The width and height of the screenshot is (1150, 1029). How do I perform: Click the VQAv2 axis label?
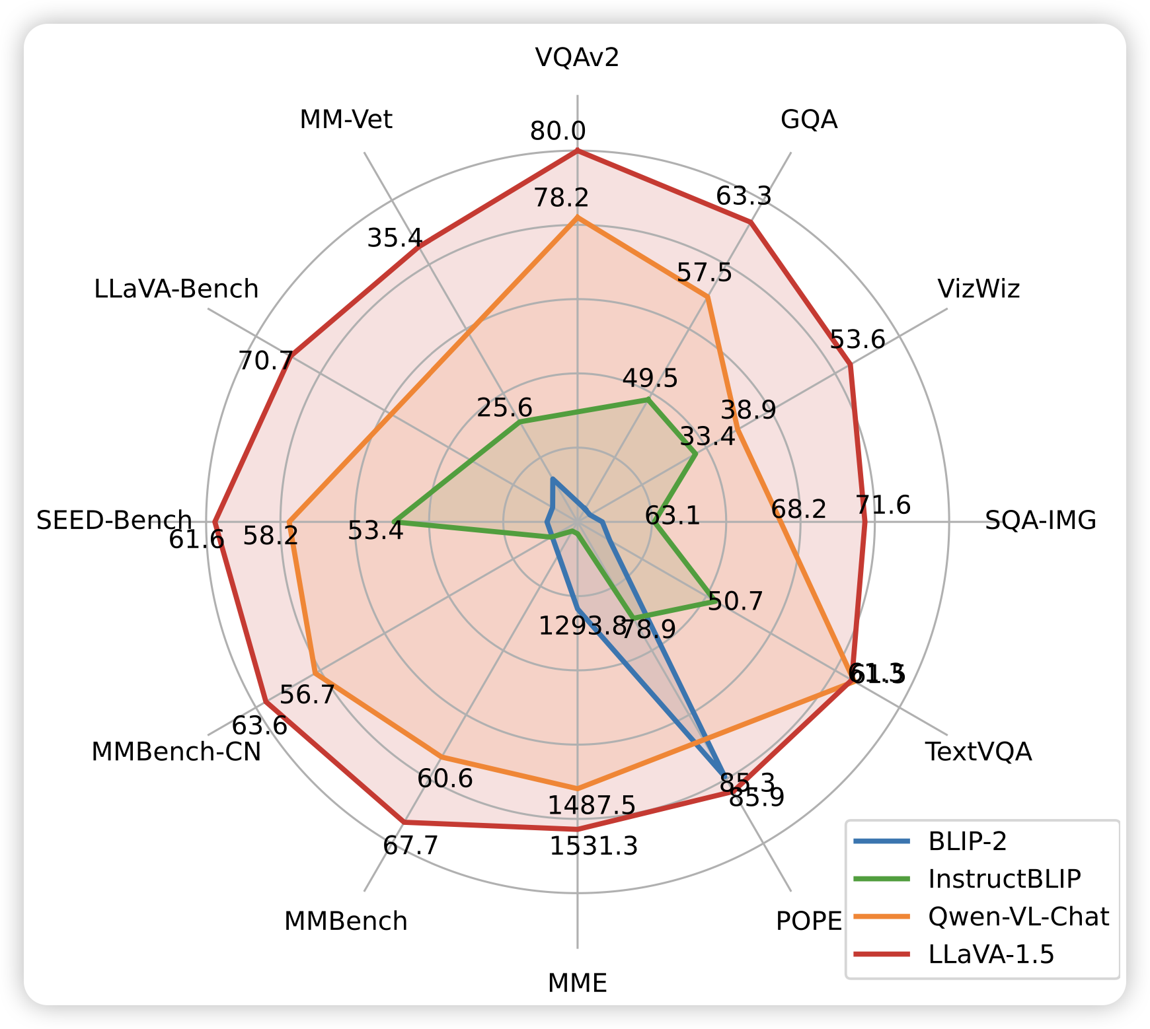(577, 58)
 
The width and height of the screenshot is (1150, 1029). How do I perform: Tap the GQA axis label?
(809, 120)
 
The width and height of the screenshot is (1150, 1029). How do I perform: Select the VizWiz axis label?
(978, 289)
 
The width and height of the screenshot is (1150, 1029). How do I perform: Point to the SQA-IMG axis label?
(1040, 521)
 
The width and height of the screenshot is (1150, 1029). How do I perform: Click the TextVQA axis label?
(978, 752)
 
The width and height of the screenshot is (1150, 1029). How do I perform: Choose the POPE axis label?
(809, 921)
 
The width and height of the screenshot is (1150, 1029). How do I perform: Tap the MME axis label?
(577, 983)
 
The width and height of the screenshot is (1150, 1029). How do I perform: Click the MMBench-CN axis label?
(176, 752)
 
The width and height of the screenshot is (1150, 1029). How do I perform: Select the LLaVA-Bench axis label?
(176, 289)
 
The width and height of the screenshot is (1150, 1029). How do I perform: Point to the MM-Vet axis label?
(346, 120)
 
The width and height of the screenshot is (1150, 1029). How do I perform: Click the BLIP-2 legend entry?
(967, 841)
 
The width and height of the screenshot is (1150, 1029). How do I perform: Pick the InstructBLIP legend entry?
(1004, 879)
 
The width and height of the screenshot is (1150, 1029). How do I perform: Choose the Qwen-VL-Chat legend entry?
(1018, 917)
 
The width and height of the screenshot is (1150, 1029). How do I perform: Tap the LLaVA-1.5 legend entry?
(991, 954)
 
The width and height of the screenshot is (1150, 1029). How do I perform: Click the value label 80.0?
(558, 132)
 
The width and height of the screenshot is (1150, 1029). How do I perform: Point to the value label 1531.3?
(594, 846)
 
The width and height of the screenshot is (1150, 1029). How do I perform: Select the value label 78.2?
(561, 197)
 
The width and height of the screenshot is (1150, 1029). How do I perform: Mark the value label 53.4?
(375, 530)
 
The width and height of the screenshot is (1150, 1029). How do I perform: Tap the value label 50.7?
(735, 602)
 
